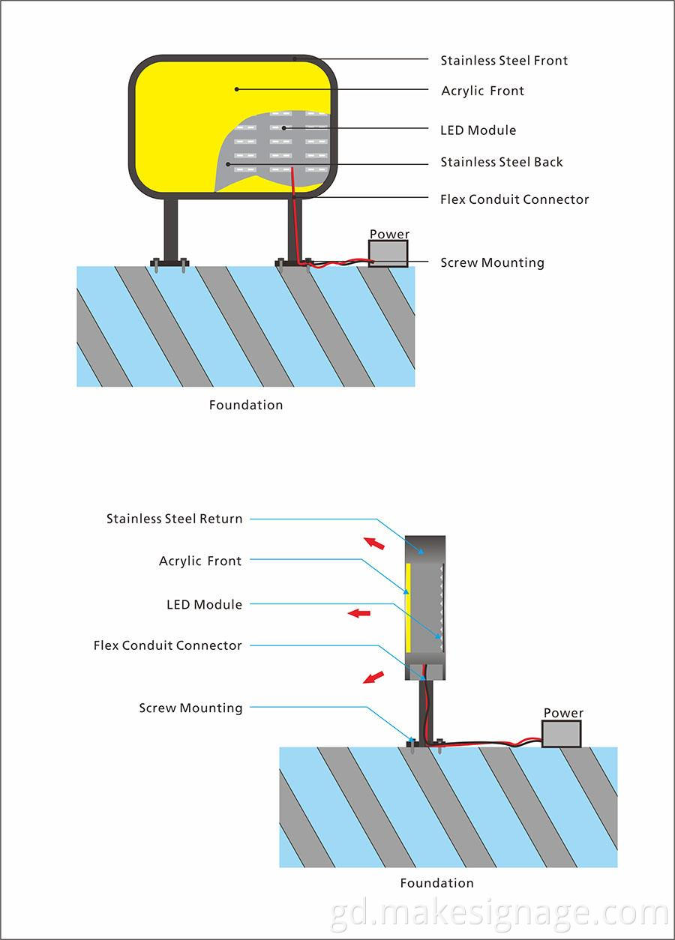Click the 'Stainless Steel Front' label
coord(504,60)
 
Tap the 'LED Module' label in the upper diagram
coord(478,130)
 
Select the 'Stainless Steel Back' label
coord(501,162)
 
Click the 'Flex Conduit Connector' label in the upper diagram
coord(514,199)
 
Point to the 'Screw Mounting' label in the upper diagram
coord(492,262)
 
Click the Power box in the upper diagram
coord(388,253)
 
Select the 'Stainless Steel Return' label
coord(174,518)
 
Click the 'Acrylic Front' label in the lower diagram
coord(200,561)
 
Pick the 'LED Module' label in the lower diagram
coord(204,604)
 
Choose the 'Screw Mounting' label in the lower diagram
coord(190,708)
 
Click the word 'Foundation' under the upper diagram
coord(246,405)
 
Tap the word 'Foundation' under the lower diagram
coord(436,883)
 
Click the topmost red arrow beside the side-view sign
coord(373,543)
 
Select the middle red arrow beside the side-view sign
coord(360,613)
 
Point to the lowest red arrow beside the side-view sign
coord(373,678)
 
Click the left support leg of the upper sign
coord(171,228)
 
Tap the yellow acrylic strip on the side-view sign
coord(408,609)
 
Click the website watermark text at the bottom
coord(499,915)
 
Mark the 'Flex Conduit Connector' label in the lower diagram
coord(168,645)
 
